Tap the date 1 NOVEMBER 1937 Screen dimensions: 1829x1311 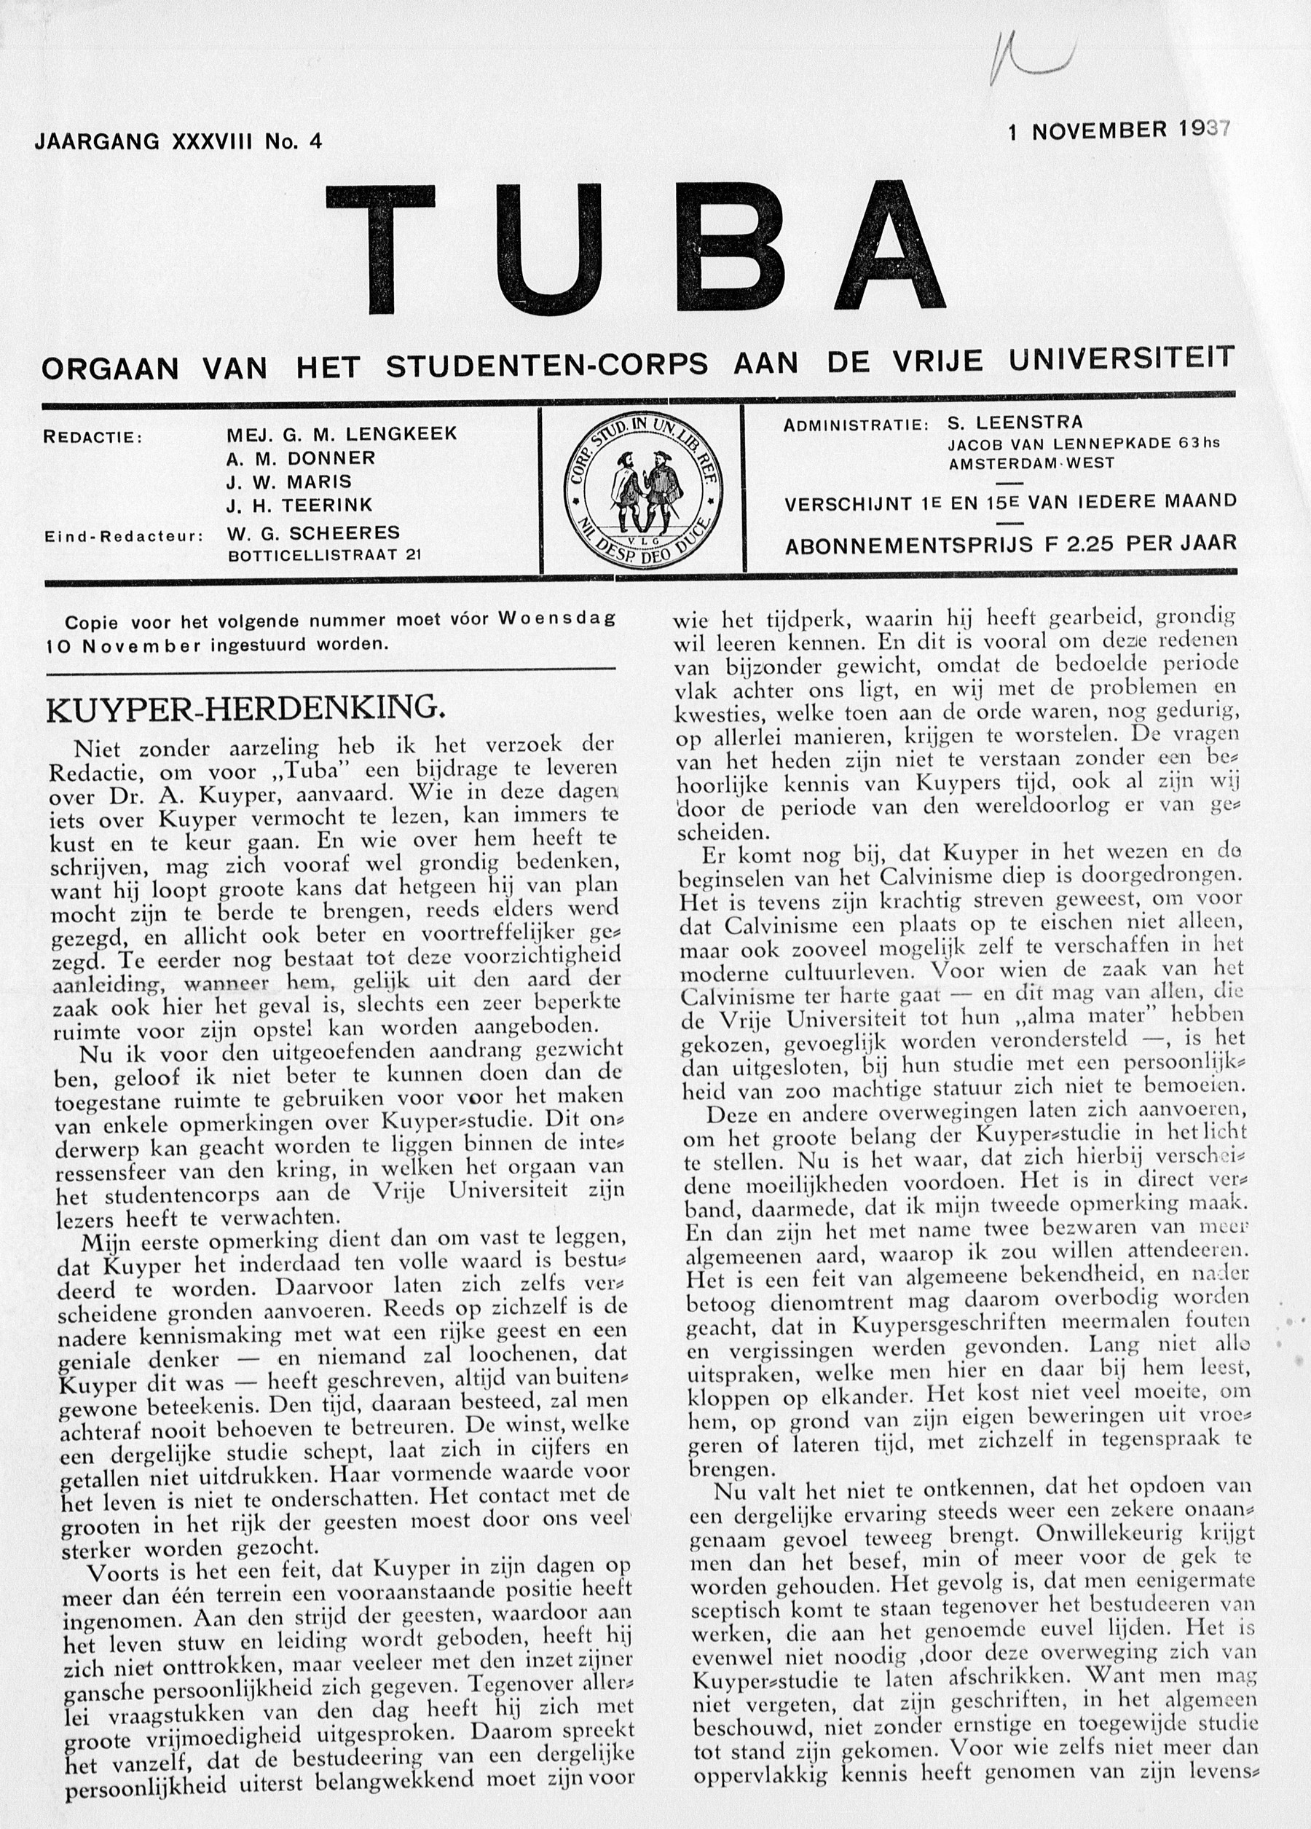(1119, 130)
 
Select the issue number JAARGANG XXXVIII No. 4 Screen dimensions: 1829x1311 (178, 142)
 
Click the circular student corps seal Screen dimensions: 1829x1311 (645, 490)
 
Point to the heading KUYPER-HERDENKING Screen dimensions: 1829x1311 (245, 707)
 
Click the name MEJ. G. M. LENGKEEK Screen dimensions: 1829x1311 (342, 434)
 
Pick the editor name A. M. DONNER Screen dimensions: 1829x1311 (301, 458)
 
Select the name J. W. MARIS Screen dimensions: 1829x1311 (289, 481)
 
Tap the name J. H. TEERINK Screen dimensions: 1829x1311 (300, 505)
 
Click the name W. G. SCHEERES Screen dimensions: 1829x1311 (314, 532)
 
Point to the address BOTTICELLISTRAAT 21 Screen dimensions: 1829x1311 (324, 555)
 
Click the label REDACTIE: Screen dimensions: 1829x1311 (92, 437)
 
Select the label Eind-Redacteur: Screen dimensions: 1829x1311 (123, 535)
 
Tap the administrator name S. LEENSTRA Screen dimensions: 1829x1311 (1015, 422)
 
